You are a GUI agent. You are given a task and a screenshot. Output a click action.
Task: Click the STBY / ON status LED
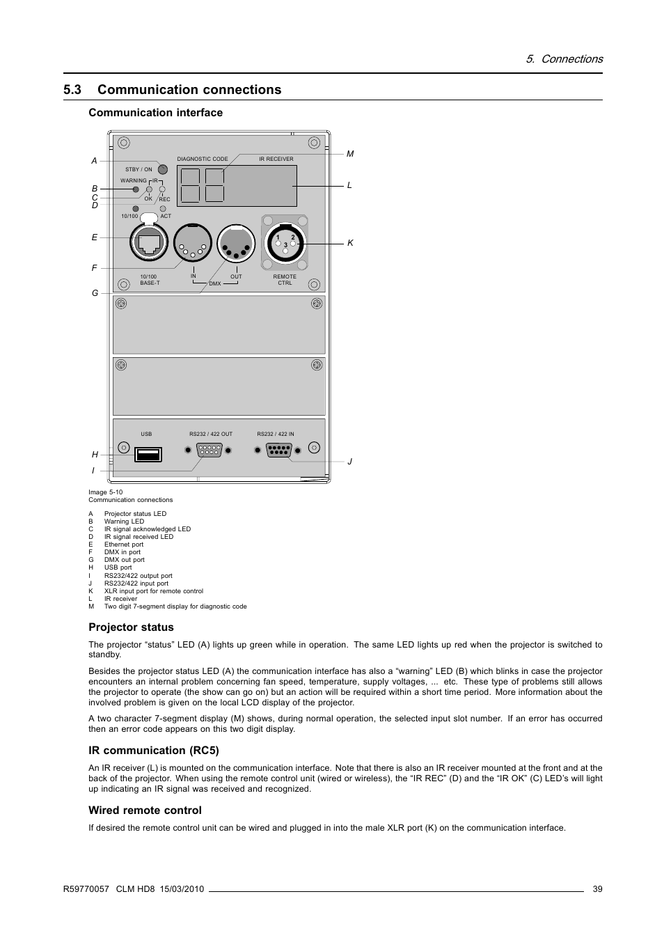tap(163, 169)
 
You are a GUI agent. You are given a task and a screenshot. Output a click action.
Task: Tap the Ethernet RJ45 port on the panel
tap(150, 243)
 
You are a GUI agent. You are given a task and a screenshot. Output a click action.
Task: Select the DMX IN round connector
tap(193, 243)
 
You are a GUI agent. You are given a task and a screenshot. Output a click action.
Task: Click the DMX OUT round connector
tap(237, 243)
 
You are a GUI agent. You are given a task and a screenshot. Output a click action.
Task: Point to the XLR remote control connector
tap(285, 242)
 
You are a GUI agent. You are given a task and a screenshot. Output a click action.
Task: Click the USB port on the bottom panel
tap(148, 455)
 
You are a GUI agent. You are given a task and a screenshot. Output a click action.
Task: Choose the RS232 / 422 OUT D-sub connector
tap(209, 451)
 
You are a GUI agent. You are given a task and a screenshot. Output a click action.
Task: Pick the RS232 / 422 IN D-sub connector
tap(278, 451)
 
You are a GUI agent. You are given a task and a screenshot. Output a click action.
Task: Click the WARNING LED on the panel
tap(136, 189)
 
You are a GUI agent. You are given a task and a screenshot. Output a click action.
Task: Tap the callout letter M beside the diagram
tap(350, 154)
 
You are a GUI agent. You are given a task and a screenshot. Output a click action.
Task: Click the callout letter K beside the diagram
tap(351, 243)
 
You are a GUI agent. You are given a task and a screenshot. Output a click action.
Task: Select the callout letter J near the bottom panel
tap(350, 462)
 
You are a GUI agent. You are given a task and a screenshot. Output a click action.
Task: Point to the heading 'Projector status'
tap(131, 627)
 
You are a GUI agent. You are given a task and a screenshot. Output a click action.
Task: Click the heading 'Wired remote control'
tap(145, 810)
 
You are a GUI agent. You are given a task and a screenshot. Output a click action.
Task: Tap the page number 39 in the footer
tap(598, 888)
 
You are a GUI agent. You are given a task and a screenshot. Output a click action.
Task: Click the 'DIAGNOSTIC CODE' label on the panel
tap(203, 159)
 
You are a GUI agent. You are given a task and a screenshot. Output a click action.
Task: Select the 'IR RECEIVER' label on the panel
tap(276, 159)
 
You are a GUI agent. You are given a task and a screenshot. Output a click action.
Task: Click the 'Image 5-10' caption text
tap(106, 492)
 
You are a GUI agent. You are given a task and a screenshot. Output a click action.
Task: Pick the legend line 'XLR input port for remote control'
tap(153, 591)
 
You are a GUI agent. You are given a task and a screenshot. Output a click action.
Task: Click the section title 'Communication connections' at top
tap(189, 90)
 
